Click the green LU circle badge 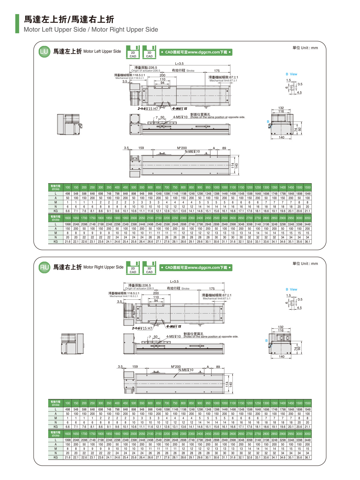point(44,52)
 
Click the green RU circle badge point(44,267)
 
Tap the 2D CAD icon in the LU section point(133,52)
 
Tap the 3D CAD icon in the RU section point(149,268)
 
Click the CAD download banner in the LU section point(196,52)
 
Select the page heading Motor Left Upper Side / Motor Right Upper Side point(91,29)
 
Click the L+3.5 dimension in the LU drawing point(179,64)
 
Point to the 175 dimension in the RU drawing point(212,289)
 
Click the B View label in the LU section point(291,74)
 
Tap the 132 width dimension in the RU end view point(281,327)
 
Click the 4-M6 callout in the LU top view point(180,109)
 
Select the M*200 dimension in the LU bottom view point(182,148)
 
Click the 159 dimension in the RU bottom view point(135,367)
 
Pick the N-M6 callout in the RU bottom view point(186,370)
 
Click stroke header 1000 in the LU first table point(216,187)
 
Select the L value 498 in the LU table point(68,194)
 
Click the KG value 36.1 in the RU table point(307,457)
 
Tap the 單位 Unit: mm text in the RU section point(305,264)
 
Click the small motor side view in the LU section point(69,124)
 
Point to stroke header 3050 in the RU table point(307,434)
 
